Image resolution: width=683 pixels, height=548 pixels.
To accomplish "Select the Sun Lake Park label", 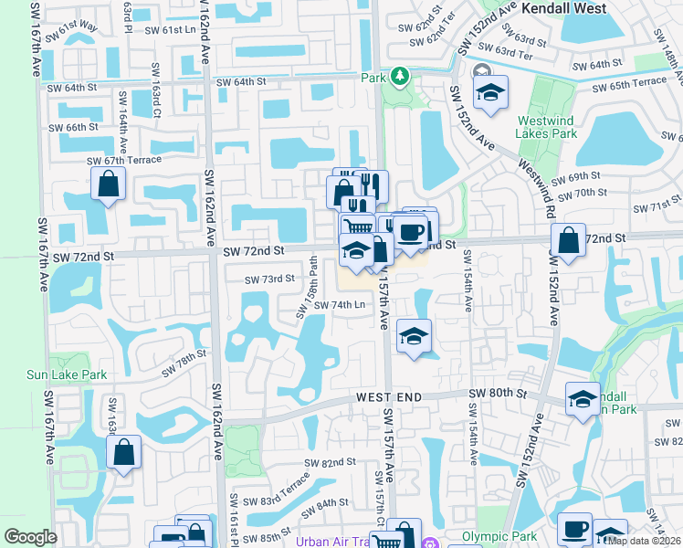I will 66,374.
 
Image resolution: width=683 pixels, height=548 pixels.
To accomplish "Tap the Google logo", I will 30,537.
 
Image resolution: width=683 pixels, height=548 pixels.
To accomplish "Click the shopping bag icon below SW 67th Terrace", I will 109,184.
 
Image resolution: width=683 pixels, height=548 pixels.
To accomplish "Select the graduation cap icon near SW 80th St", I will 583,398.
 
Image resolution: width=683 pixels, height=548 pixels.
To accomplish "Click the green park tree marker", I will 399,76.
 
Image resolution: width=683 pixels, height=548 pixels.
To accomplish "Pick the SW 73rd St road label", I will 270,279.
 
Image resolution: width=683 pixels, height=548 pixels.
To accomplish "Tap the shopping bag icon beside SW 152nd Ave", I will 568,241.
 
